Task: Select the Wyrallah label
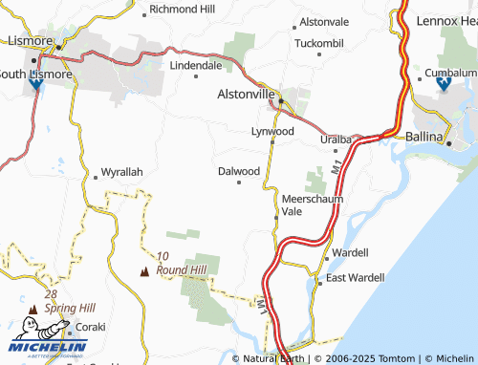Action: point(121,172)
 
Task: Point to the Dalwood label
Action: point(239,171)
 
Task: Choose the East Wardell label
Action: point(355,277)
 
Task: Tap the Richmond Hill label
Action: point(183,9)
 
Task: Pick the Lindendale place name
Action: point(196,65)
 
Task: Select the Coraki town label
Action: point(91,326)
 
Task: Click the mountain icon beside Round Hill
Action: point(145,270)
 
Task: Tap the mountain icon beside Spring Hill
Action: point(33,309)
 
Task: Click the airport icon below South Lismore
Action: point(36,84)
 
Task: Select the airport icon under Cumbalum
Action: point(443,85)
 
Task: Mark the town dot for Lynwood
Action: point(272,141)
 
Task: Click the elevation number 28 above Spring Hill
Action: point(51,294)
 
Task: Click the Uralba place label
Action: point(335,140)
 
